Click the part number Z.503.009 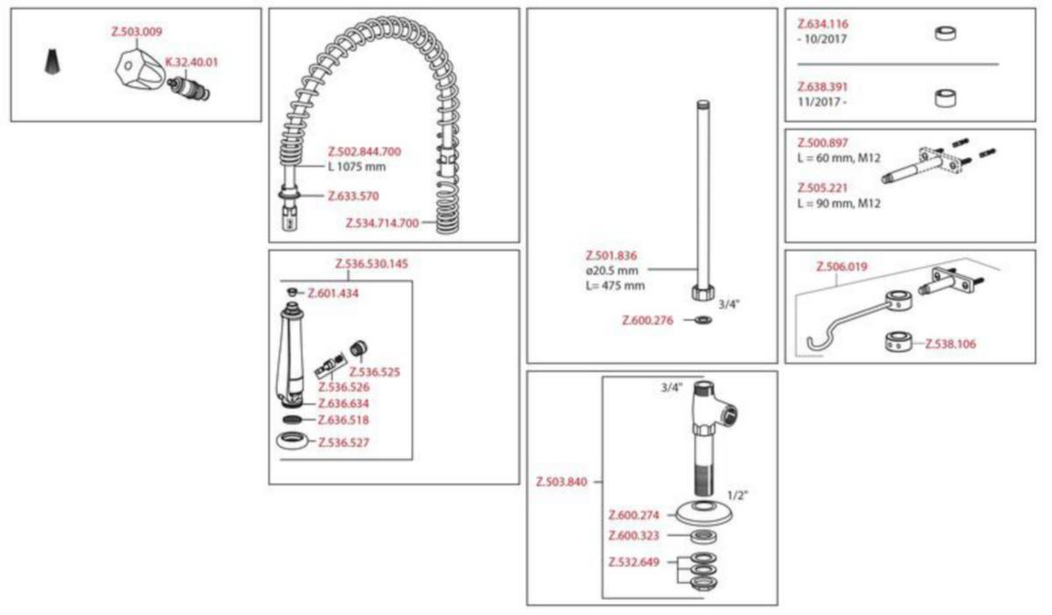(137, 32)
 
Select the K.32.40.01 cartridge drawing (189, 88)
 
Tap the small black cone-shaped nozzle (53, 61)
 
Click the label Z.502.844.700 (365, 152)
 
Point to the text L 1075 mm (357, 166)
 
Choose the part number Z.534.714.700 (382, 223)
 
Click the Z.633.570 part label (353, 195)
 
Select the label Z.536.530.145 (372, 264)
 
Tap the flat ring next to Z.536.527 (292, 441)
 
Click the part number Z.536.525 (374, 372)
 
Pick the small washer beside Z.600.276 (703, 320)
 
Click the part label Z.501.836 (611, 256)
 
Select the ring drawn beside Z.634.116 (945, 33)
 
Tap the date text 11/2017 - (822, 102)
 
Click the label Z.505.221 (822, 187)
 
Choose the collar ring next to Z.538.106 (899, 342)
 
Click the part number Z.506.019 (842, 266)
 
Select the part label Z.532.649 (634, 562)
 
